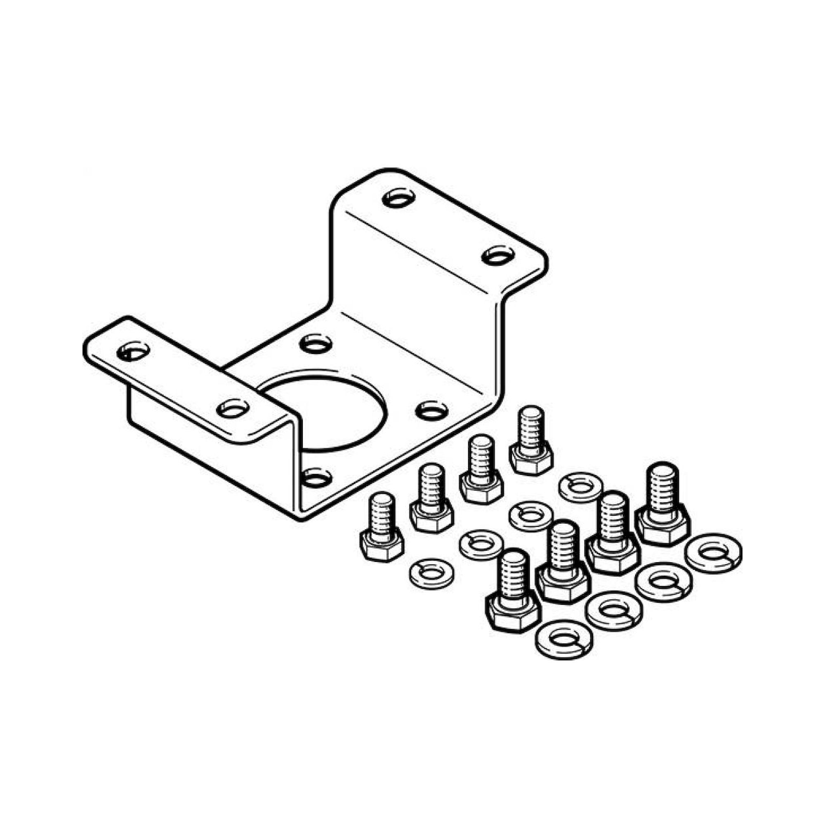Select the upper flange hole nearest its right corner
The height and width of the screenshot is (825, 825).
[498, 256]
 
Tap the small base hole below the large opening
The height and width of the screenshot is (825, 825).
[316, 477]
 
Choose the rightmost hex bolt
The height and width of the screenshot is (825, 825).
[662, 504]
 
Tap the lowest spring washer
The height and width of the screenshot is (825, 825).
[564, 639]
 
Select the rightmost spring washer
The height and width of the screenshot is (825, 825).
[713, 553]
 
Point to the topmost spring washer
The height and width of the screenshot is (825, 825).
[580, 486]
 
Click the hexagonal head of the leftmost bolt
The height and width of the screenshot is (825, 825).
[382, 546]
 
